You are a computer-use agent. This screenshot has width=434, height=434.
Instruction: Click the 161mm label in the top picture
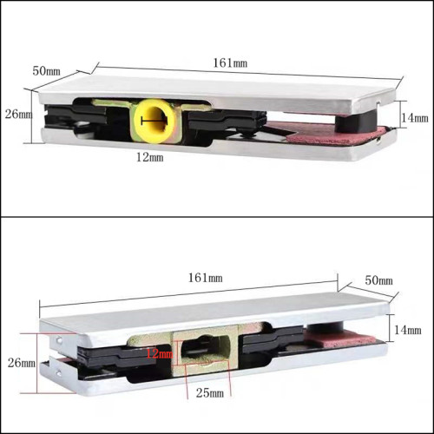pyautogui.click(x=230, y=63)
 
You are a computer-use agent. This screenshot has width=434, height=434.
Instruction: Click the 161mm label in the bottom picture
pyautogui.click(x=206, y=278)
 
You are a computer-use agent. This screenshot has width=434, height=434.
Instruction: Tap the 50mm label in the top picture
pyautogui.click(x=46, y=71)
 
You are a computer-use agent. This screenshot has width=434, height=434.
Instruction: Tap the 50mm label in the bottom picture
pyautogui.click(x=378, y=280)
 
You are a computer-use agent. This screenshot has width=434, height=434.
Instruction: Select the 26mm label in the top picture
pyautogui.click(x=18, y=115)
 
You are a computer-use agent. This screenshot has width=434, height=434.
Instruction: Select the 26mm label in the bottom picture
pyautogui.click(x=22, y=363)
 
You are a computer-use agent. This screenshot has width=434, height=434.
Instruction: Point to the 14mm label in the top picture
pyautogui.click(x=415, y=118)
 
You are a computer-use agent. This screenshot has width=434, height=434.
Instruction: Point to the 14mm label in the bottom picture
pyautogui.click(x=408, y=330)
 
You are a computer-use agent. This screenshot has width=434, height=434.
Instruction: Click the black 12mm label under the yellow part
pyautogui.click(x=150, y=157)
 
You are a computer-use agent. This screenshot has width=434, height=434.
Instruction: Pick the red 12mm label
pyautogui.click(x=160, y=353)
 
